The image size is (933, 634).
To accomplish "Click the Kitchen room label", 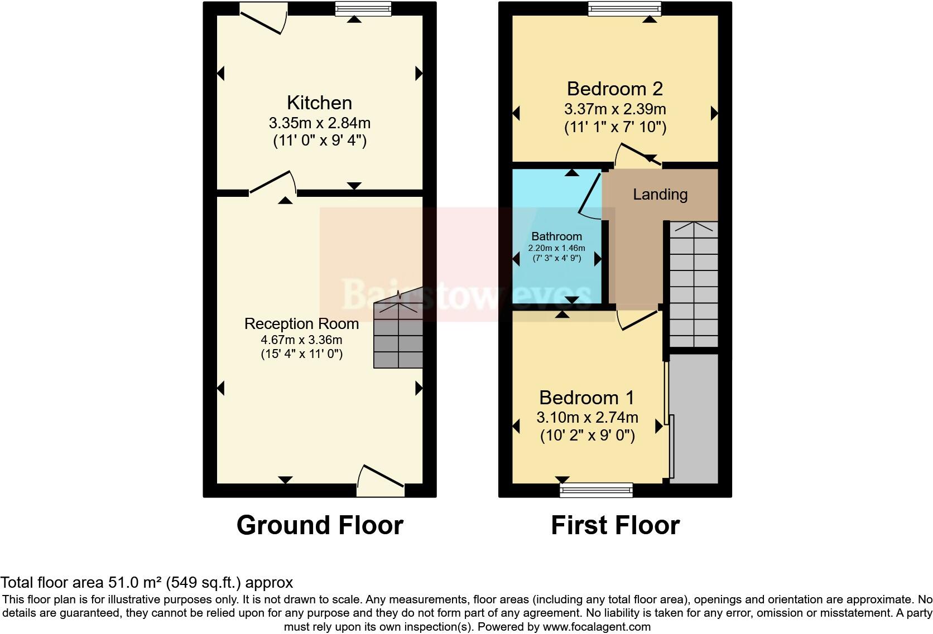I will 319,103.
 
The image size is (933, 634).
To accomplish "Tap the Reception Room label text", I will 301,323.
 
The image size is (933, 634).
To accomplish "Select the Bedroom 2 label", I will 614,89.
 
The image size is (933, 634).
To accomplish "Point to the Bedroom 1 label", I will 586,398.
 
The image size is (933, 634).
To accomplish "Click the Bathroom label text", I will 556,236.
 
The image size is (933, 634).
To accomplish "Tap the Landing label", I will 660,195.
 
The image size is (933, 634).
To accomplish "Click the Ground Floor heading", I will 320,525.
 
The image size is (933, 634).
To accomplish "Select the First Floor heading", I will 615,525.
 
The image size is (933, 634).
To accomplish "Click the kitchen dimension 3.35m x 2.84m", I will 319,123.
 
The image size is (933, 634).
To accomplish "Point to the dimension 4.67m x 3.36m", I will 301,340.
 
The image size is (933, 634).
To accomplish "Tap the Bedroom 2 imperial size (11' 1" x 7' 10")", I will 615,127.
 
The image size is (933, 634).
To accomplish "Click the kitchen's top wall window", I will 363,8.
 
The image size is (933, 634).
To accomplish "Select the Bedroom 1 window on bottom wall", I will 597,490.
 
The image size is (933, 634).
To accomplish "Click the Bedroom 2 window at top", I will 624,8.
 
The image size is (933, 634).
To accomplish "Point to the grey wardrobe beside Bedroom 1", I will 694,418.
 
